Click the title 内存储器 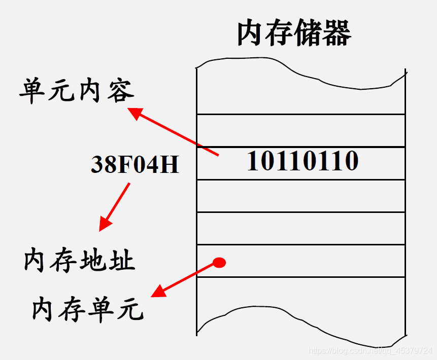[x=294, y=33]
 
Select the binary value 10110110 [x=302, y=162]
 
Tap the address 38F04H [x=135, y=164]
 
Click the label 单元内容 [x=77, y=91]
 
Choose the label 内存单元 [x=88, y=308]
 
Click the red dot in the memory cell [x=219, y=263]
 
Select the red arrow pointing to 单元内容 [x=173, y=131]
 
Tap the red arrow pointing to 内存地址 [x=115, y=206]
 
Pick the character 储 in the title [x=309, y=33]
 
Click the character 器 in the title [x=337, y=33]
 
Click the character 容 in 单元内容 [x=120, y=91]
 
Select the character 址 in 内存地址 [x=122, y=261]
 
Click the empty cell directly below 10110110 [x=300, y=196]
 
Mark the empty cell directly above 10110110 [x=300, y=130]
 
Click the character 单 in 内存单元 [x=102, y=308]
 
